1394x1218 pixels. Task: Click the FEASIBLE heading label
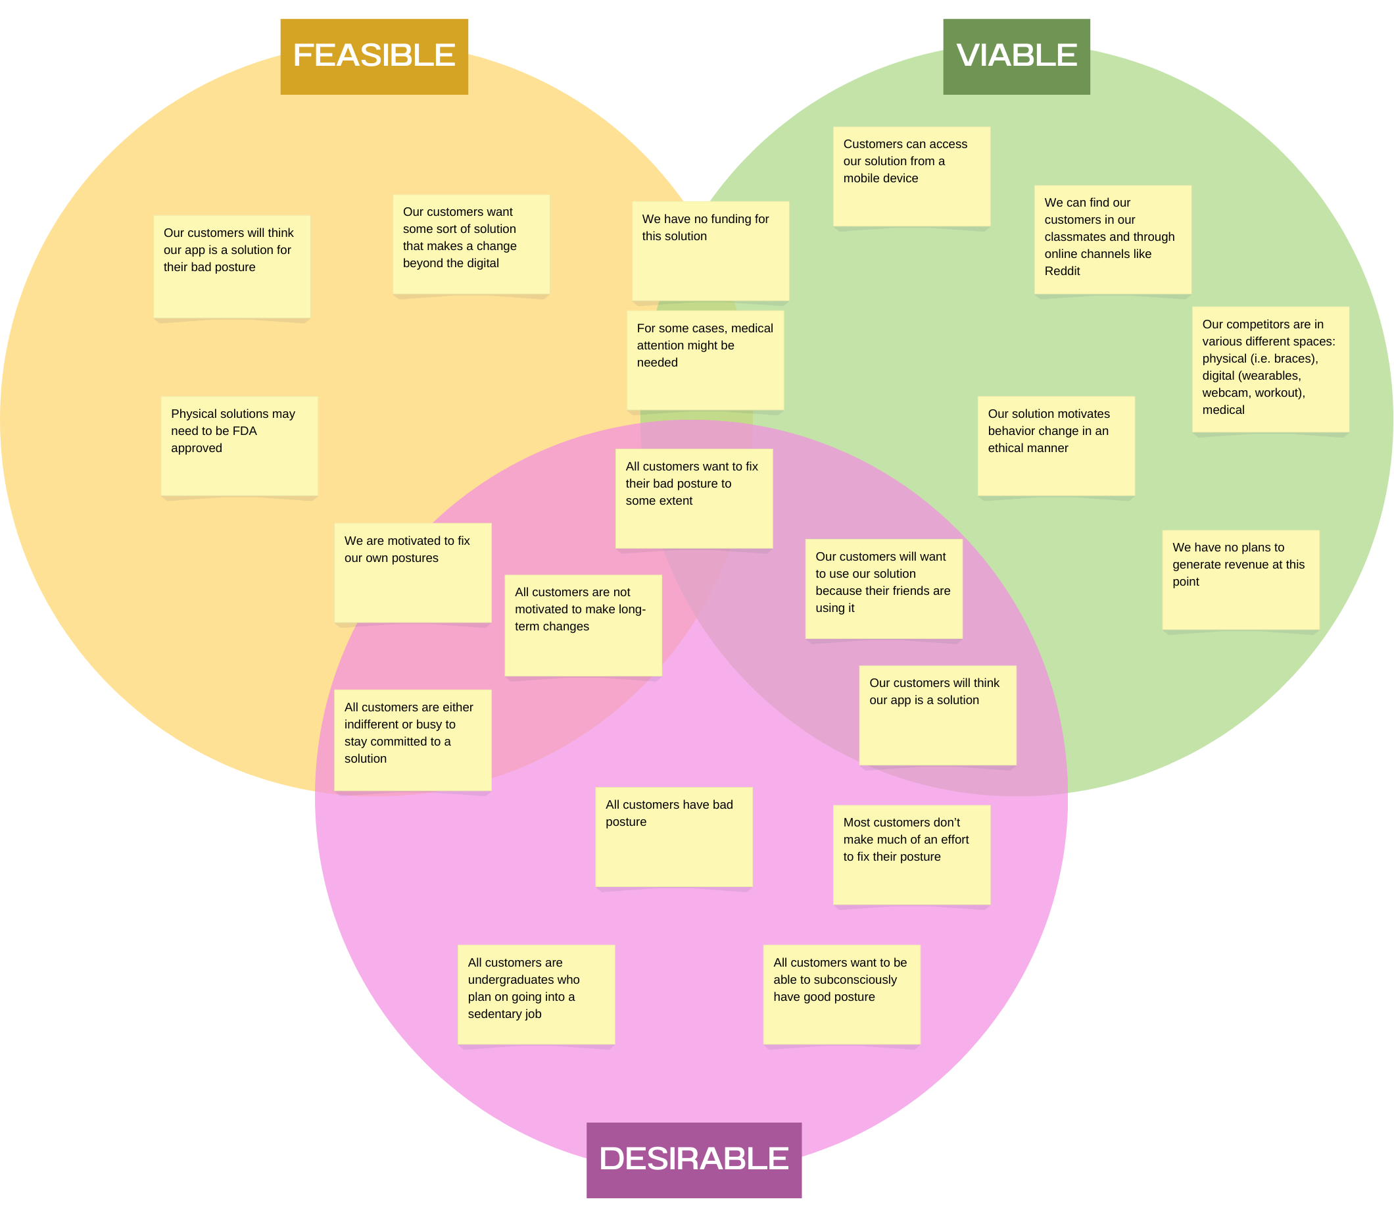click(x=373, y=57)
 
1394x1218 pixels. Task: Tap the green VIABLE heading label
click(x=1017, y=57)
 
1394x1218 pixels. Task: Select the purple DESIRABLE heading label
click(x=694, y=1159)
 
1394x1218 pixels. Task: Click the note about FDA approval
click(x=239, y=446)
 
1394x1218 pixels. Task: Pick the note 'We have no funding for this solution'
click(x=710, y=250)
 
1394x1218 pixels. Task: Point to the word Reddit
click(x=1062, y=271)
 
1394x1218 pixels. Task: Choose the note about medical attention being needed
click(x=704, y=359)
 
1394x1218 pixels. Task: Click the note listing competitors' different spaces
click(x=1270, y=369)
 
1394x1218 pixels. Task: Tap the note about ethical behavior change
click(x=1055, y=445)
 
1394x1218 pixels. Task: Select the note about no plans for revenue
click(x=1241, y=579)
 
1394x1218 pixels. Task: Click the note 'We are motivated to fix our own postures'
click(x=412, y=572)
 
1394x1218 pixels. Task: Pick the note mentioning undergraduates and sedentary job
click(x=536, y=994)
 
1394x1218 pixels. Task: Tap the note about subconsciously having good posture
click(x=841, y=994)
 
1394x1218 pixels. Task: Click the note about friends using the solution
click(x=883, y=589)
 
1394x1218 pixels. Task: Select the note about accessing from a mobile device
click(x=911, y=176)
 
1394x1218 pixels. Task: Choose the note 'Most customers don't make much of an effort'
click(x=911, y=854)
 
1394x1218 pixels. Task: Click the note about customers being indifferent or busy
click(x=412, y=740)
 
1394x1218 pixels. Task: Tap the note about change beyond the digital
click(x=471, y=244)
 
